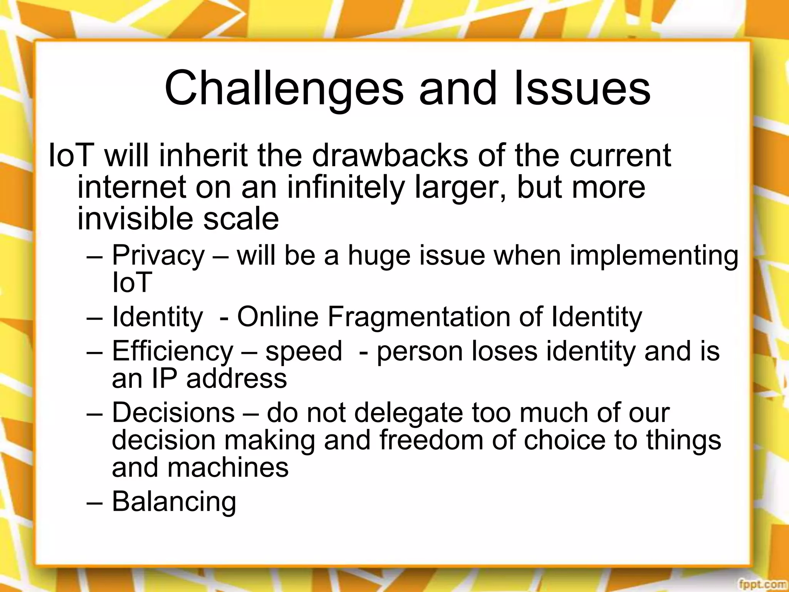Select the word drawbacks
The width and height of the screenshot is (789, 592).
[x=390, y=155]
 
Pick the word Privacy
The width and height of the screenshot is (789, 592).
[x=158, y=256]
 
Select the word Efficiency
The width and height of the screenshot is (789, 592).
[x=173, y=351]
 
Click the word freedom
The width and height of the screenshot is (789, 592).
[x=431, y=440]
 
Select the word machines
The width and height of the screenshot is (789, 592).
[x=228, y=468]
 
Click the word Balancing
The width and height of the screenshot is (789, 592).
[x=174, y=502]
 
